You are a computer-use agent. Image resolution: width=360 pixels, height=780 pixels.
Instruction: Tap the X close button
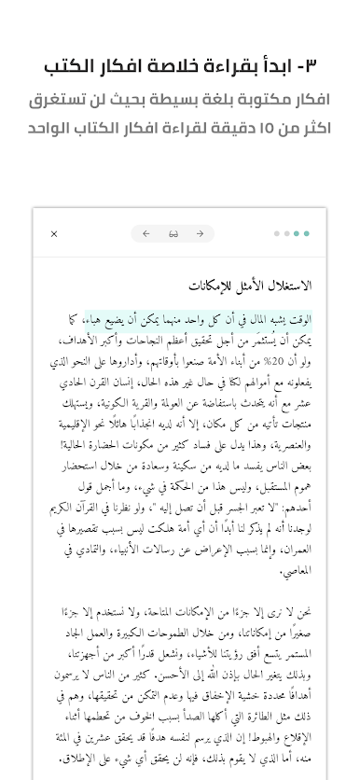pyautogui.click(x=54, y=234)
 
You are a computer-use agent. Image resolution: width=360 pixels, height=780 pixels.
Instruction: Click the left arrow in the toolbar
pyautogui.click(x=146, y=234)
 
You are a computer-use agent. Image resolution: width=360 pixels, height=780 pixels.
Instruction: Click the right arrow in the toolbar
pyautogui.click(x=200, y=234)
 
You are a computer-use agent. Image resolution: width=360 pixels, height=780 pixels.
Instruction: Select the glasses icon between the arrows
pyautogui.click(x=173, y=234)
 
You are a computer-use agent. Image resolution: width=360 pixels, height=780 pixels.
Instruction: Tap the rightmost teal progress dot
pyautogui.click(x=307, y=234)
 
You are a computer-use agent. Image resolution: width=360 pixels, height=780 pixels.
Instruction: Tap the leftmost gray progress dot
pyautogui.click(x=276, y=234)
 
